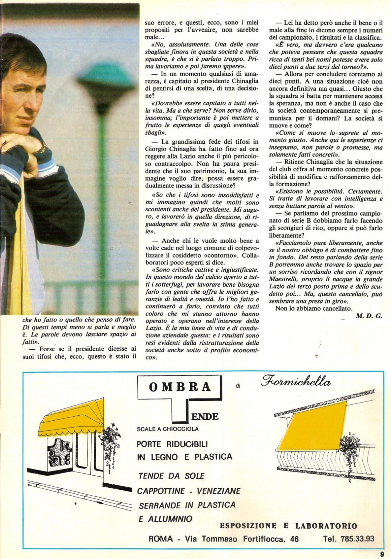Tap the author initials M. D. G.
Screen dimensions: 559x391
[x=369, y=316]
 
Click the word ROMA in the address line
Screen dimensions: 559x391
[x=161, y=539]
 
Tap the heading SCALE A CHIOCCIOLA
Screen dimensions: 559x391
[x=168, y=429]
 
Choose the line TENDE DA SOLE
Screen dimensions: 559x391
[x=172, y=476]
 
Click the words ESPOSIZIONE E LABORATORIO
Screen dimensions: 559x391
[x=288, y=526]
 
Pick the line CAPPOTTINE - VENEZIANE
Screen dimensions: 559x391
[x=189, y=491]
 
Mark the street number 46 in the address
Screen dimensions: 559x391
[x=293, y=539]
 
